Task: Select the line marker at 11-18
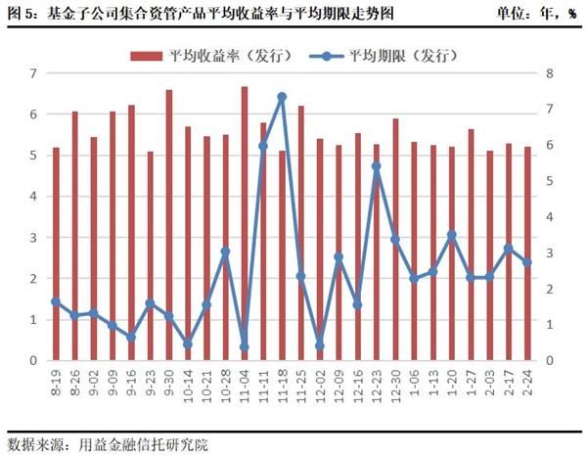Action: [282, 97]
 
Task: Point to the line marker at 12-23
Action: [377, 166]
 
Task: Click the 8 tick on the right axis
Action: [551, 73]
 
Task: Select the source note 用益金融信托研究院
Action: [145, 442]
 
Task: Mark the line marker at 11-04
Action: [245, 346]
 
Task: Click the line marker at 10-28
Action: [225, 251]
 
